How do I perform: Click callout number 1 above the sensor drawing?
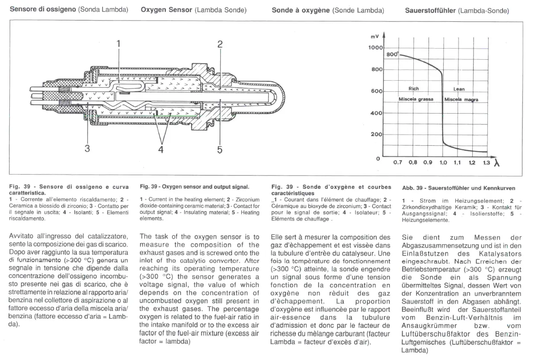coord(119,44)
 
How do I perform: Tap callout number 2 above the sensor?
coord(220,44)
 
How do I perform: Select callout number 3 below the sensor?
coord(87,149)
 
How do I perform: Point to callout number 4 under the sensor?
coord(161,149)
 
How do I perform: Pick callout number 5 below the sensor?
coord(219,149)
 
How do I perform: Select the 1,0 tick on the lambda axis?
coord(443,163)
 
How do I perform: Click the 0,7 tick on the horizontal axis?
coord(397,163)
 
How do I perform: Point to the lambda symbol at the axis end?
coord(496,164)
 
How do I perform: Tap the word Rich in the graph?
coord(413,89)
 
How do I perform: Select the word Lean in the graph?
coord(459,89)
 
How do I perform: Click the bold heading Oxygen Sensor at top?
coord(166,10)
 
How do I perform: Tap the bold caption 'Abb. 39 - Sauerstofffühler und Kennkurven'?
coord(458,188)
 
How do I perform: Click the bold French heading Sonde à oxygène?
coord(301,10)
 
